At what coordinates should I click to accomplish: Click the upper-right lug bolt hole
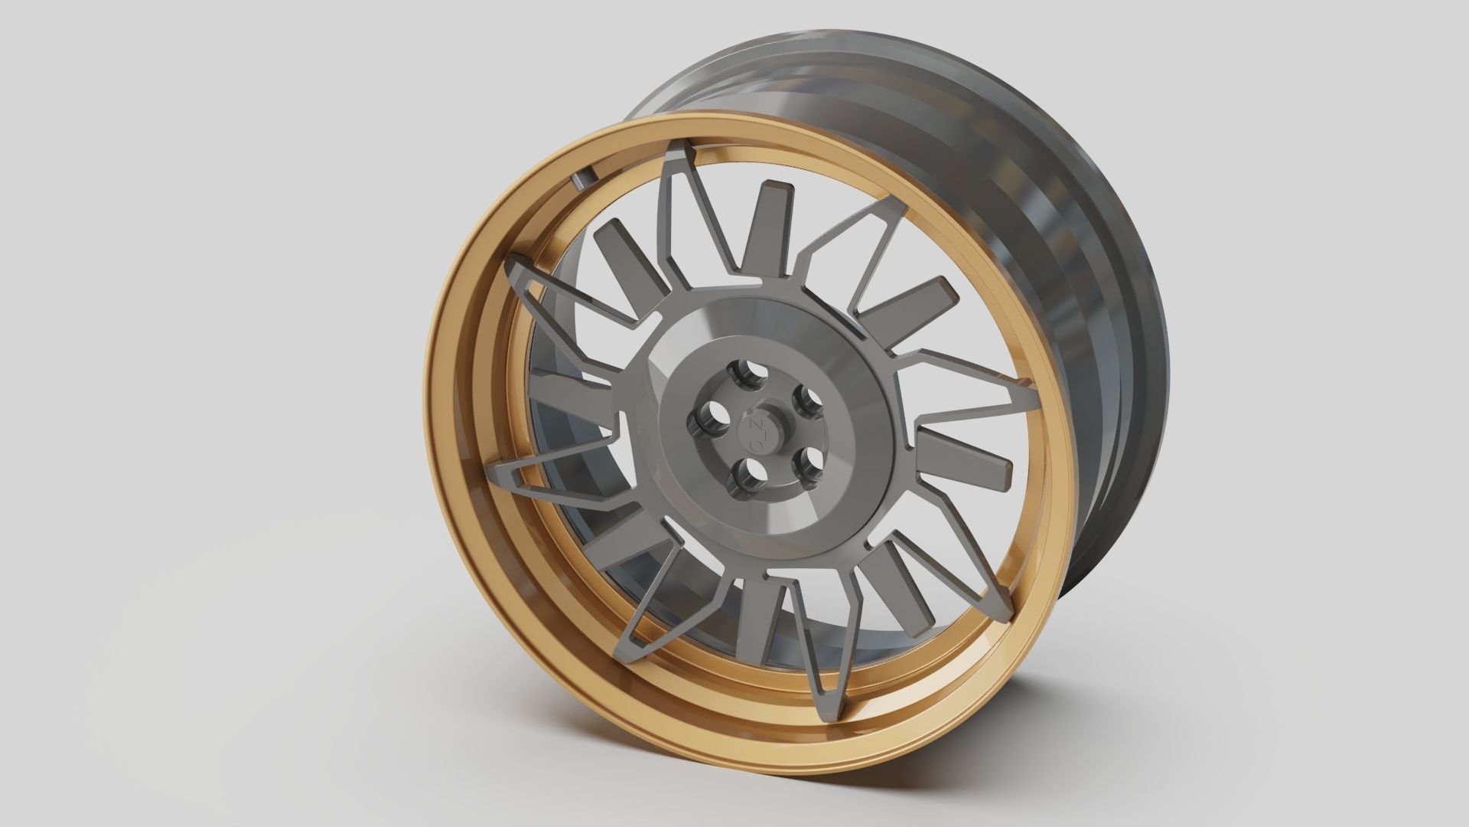point(806,398)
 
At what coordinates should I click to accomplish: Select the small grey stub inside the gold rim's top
point(581,179)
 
